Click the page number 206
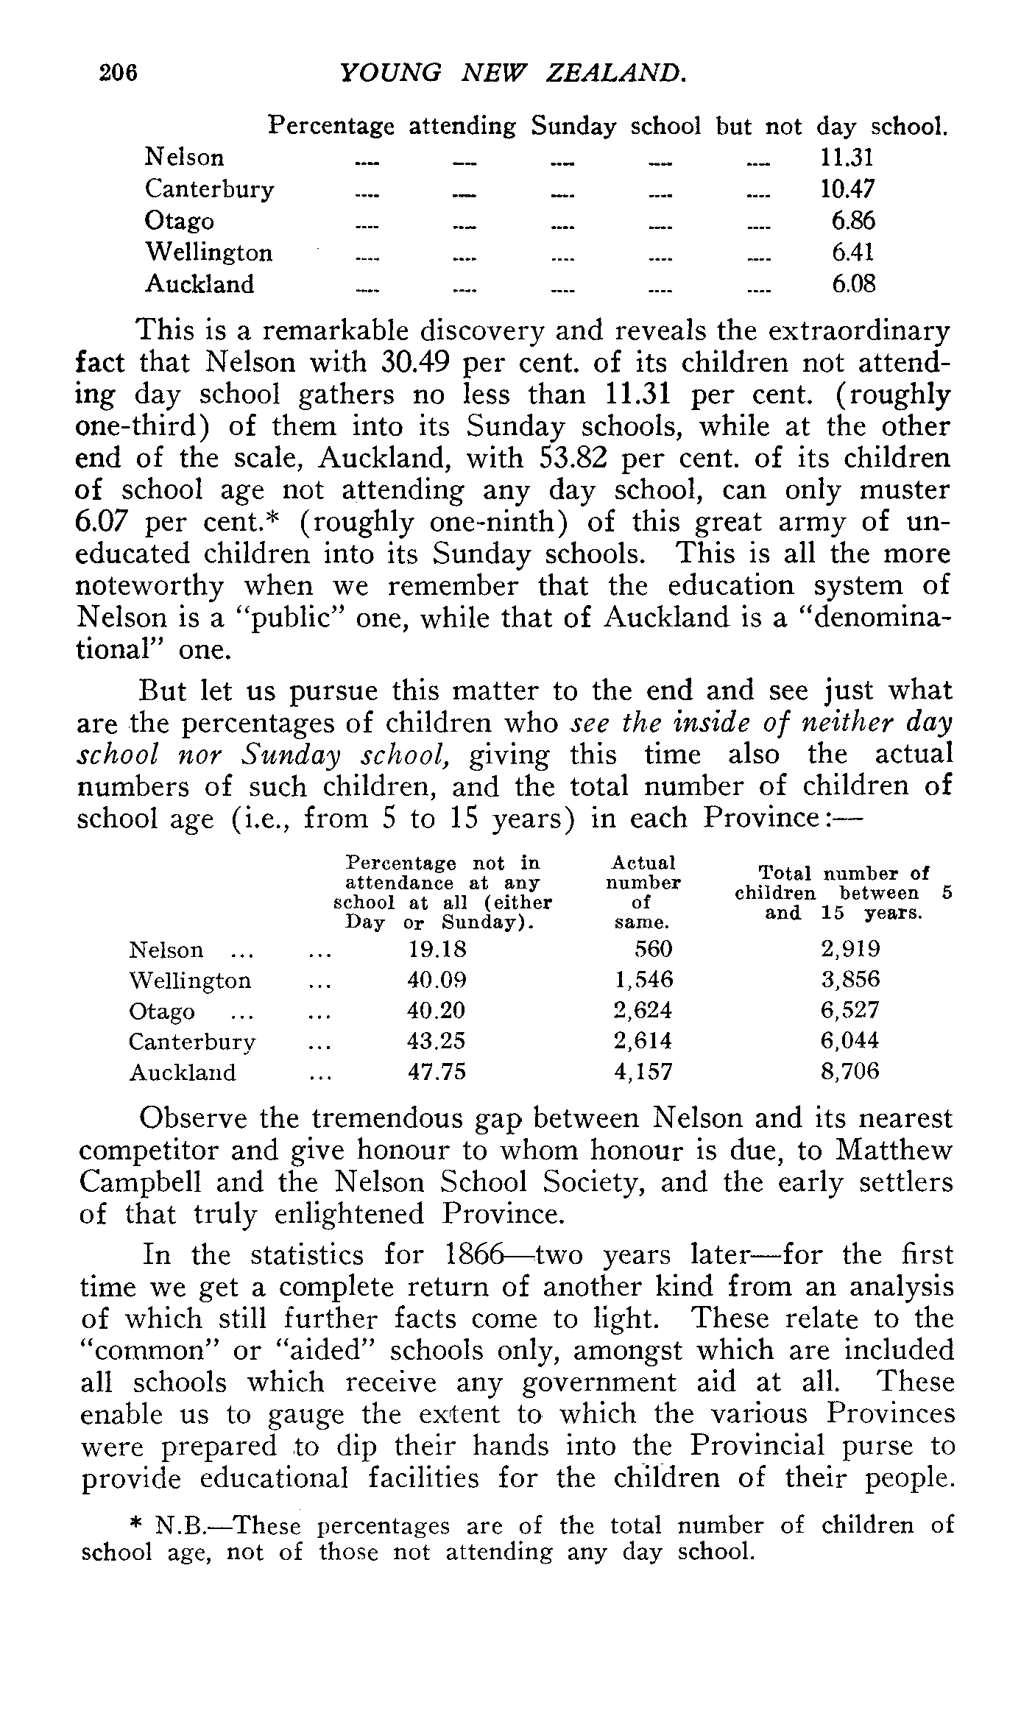click(119, 74)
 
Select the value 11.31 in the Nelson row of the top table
click(847, 158)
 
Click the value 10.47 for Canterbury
click(847, 189)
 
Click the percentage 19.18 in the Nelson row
click(437, 949)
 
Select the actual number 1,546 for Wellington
click(643, 980)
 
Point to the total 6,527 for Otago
click(850, 1010)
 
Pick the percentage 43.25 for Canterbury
click(437, 1041)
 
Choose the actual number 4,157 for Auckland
click(643, 1072)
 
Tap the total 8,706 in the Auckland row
click(850, 1072)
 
